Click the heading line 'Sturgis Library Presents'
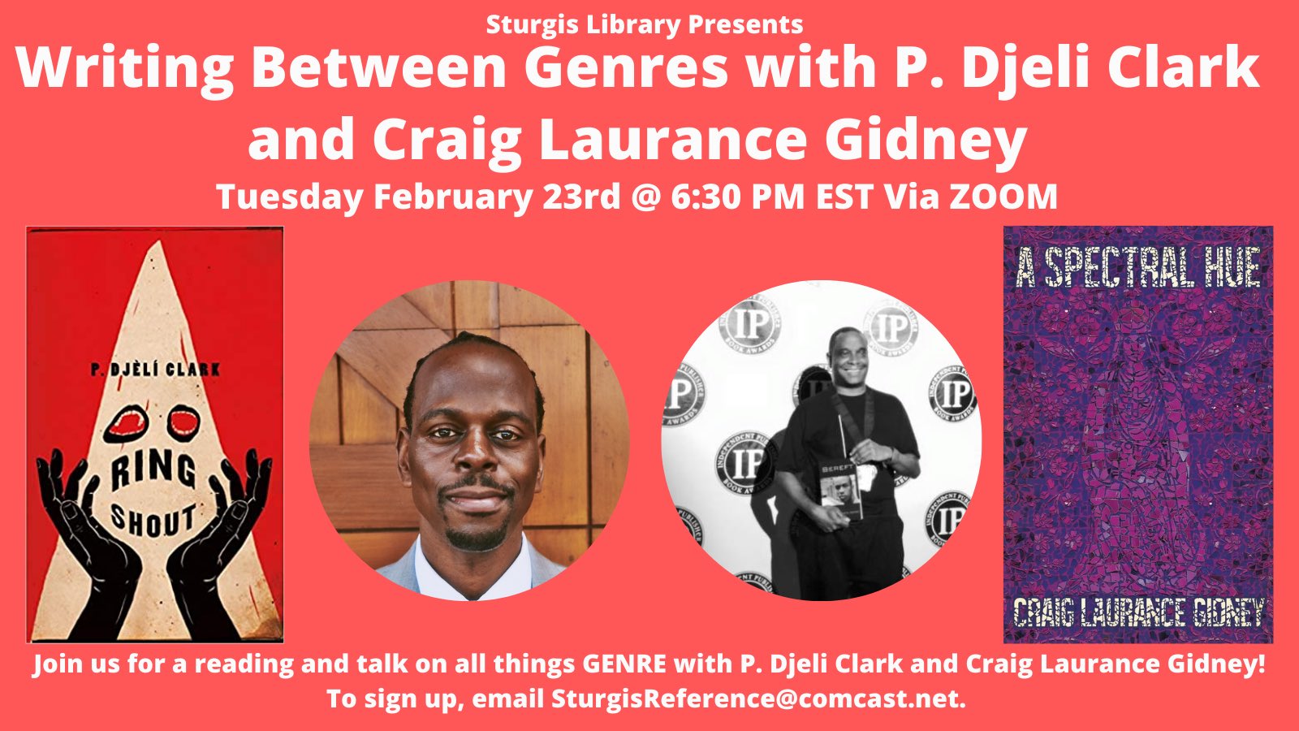645,25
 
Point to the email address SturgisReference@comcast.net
757,699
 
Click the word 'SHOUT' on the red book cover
153,520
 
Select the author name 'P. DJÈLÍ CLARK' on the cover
155,370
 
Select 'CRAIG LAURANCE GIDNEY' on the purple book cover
1138,612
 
